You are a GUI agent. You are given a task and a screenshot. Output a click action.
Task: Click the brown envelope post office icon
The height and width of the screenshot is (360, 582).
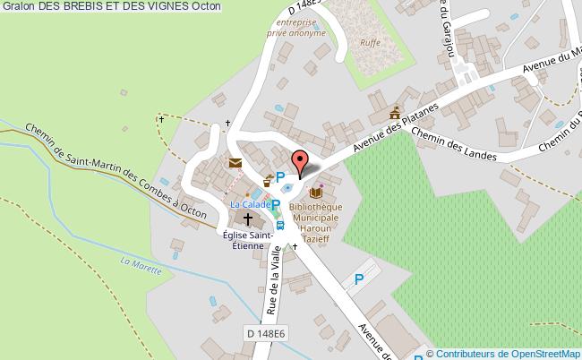coord(235,163)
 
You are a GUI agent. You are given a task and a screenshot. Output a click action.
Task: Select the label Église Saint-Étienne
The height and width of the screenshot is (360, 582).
coord(248,241)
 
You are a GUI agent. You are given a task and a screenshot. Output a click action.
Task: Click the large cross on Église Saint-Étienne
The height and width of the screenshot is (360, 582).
coord(248,219)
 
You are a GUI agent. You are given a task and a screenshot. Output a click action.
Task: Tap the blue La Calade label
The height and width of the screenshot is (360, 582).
coord(248,204)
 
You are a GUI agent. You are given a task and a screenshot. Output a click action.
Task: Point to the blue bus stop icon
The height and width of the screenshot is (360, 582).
coord(280,225)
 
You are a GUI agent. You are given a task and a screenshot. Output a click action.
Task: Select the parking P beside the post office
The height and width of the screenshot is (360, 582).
coord(280,176)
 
